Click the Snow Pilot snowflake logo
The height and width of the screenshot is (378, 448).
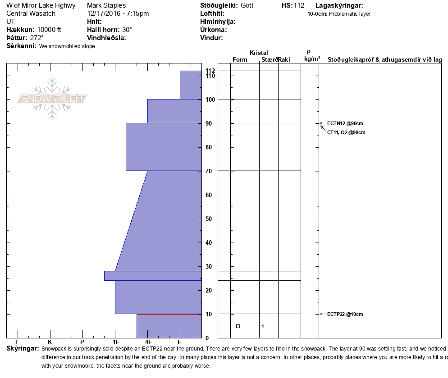[52, 99]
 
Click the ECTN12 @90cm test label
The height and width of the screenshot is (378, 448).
[345, 123]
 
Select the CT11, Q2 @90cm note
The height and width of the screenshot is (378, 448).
[346, 132]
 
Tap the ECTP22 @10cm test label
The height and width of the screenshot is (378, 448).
[345, 314]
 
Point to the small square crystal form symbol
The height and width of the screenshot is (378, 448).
[238, 326]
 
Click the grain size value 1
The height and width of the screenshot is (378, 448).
[262, 326]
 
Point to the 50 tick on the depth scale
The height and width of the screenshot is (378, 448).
[208, 219]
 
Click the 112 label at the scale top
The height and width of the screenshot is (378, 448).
[210, 71]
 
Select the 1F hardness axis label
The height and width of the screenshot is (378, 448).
[115, 342]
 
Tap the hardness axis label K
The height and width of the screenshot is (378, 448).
[50, 342]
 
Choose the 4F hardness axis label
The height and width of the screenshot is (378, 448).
[148, 342]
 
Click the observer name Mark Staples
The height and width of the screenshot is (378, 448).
[106, 5]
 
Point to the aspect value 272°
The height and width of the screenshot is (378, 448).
[37, 38]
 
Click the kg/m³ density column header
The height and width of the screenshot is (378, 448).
[312, 59]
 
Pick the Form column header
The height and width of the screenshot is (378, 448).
[239, 59]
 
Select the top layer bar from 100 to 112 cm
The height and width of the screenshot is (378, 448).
[191, 85]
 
